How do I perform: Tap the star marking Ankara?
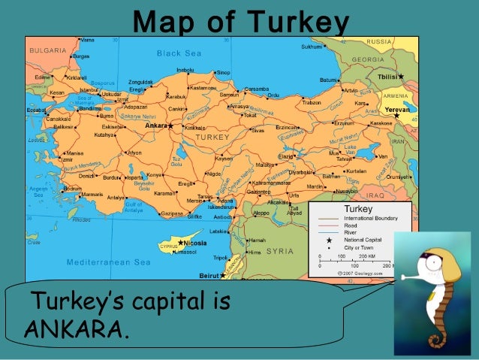point(170,126)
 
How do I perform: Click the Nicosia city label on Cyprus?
point(195,243)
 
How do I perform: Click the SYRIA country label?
point(280,250)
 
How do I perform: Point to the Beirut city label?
point(188,276)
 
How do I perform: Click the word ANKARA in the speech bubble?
point(74,328)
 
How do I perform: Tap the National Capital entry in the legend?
point(363,239)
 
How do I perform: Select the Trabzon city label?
point(312,101)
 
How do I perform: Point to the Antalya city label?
point(115,198)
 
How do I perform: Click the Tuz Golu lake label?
point(177,162)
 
